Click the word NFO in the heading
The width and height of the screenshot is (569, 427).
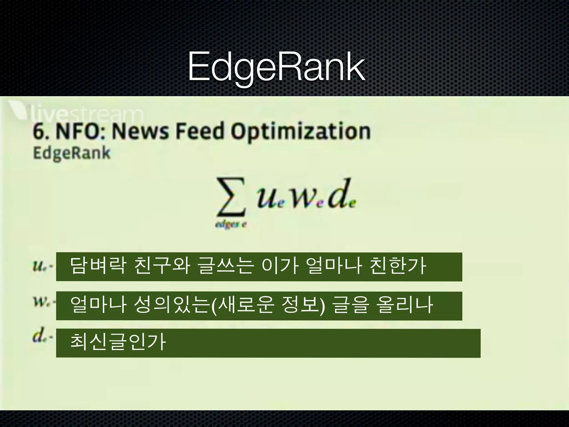point(79,131)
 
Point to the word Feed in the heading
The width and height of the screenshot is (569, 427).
point(200,131)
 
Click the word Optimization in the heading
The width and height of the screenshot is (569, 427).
point(301,132)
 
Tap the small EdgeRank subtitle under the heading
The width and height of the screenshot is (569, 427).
point(72,153)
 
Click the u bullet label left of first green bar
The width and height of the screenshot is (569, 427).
point(39,267)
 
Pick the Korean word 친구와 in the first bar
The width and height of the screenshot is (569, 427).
point(162,266)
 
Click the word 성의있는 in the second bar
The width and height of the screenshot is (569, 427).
point(171,305)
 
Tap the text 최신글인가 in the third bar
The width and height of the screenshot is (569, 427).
point(118,342)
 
